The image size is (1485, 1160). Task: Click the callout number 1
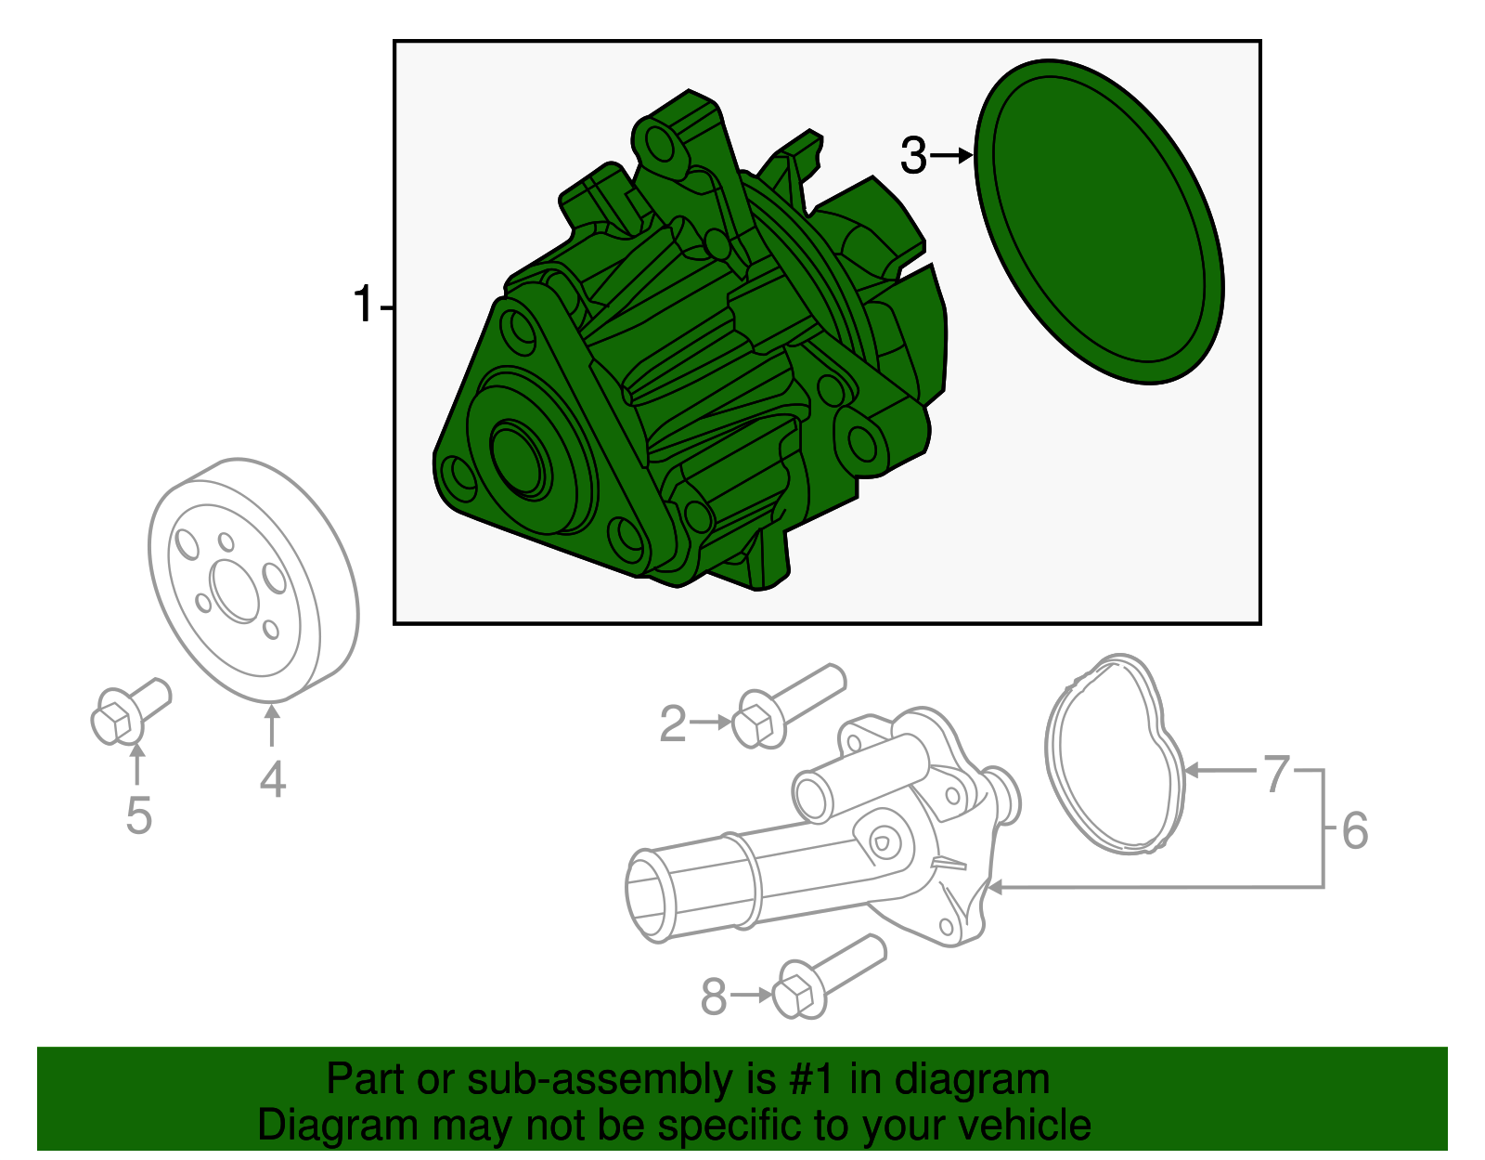(363, 306)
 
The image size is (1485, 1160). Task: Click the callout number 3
(914, 156)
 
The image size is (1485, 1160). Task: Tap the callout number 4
(272, 780)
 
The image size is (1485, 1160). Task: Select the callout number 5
(138, 815)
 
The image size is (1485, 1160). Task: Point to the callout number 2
(673, 723)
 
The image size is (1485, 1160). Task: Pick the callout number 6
(1355, 830)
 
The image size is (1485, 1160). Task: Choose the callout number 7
(1278, 773)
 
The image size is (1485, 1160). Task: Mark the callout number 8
(713, 997)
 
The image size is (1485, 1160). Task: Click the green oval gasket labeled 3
(1100, 223)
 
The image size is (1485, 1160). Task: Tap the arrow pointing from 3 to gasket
(951, 156)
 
